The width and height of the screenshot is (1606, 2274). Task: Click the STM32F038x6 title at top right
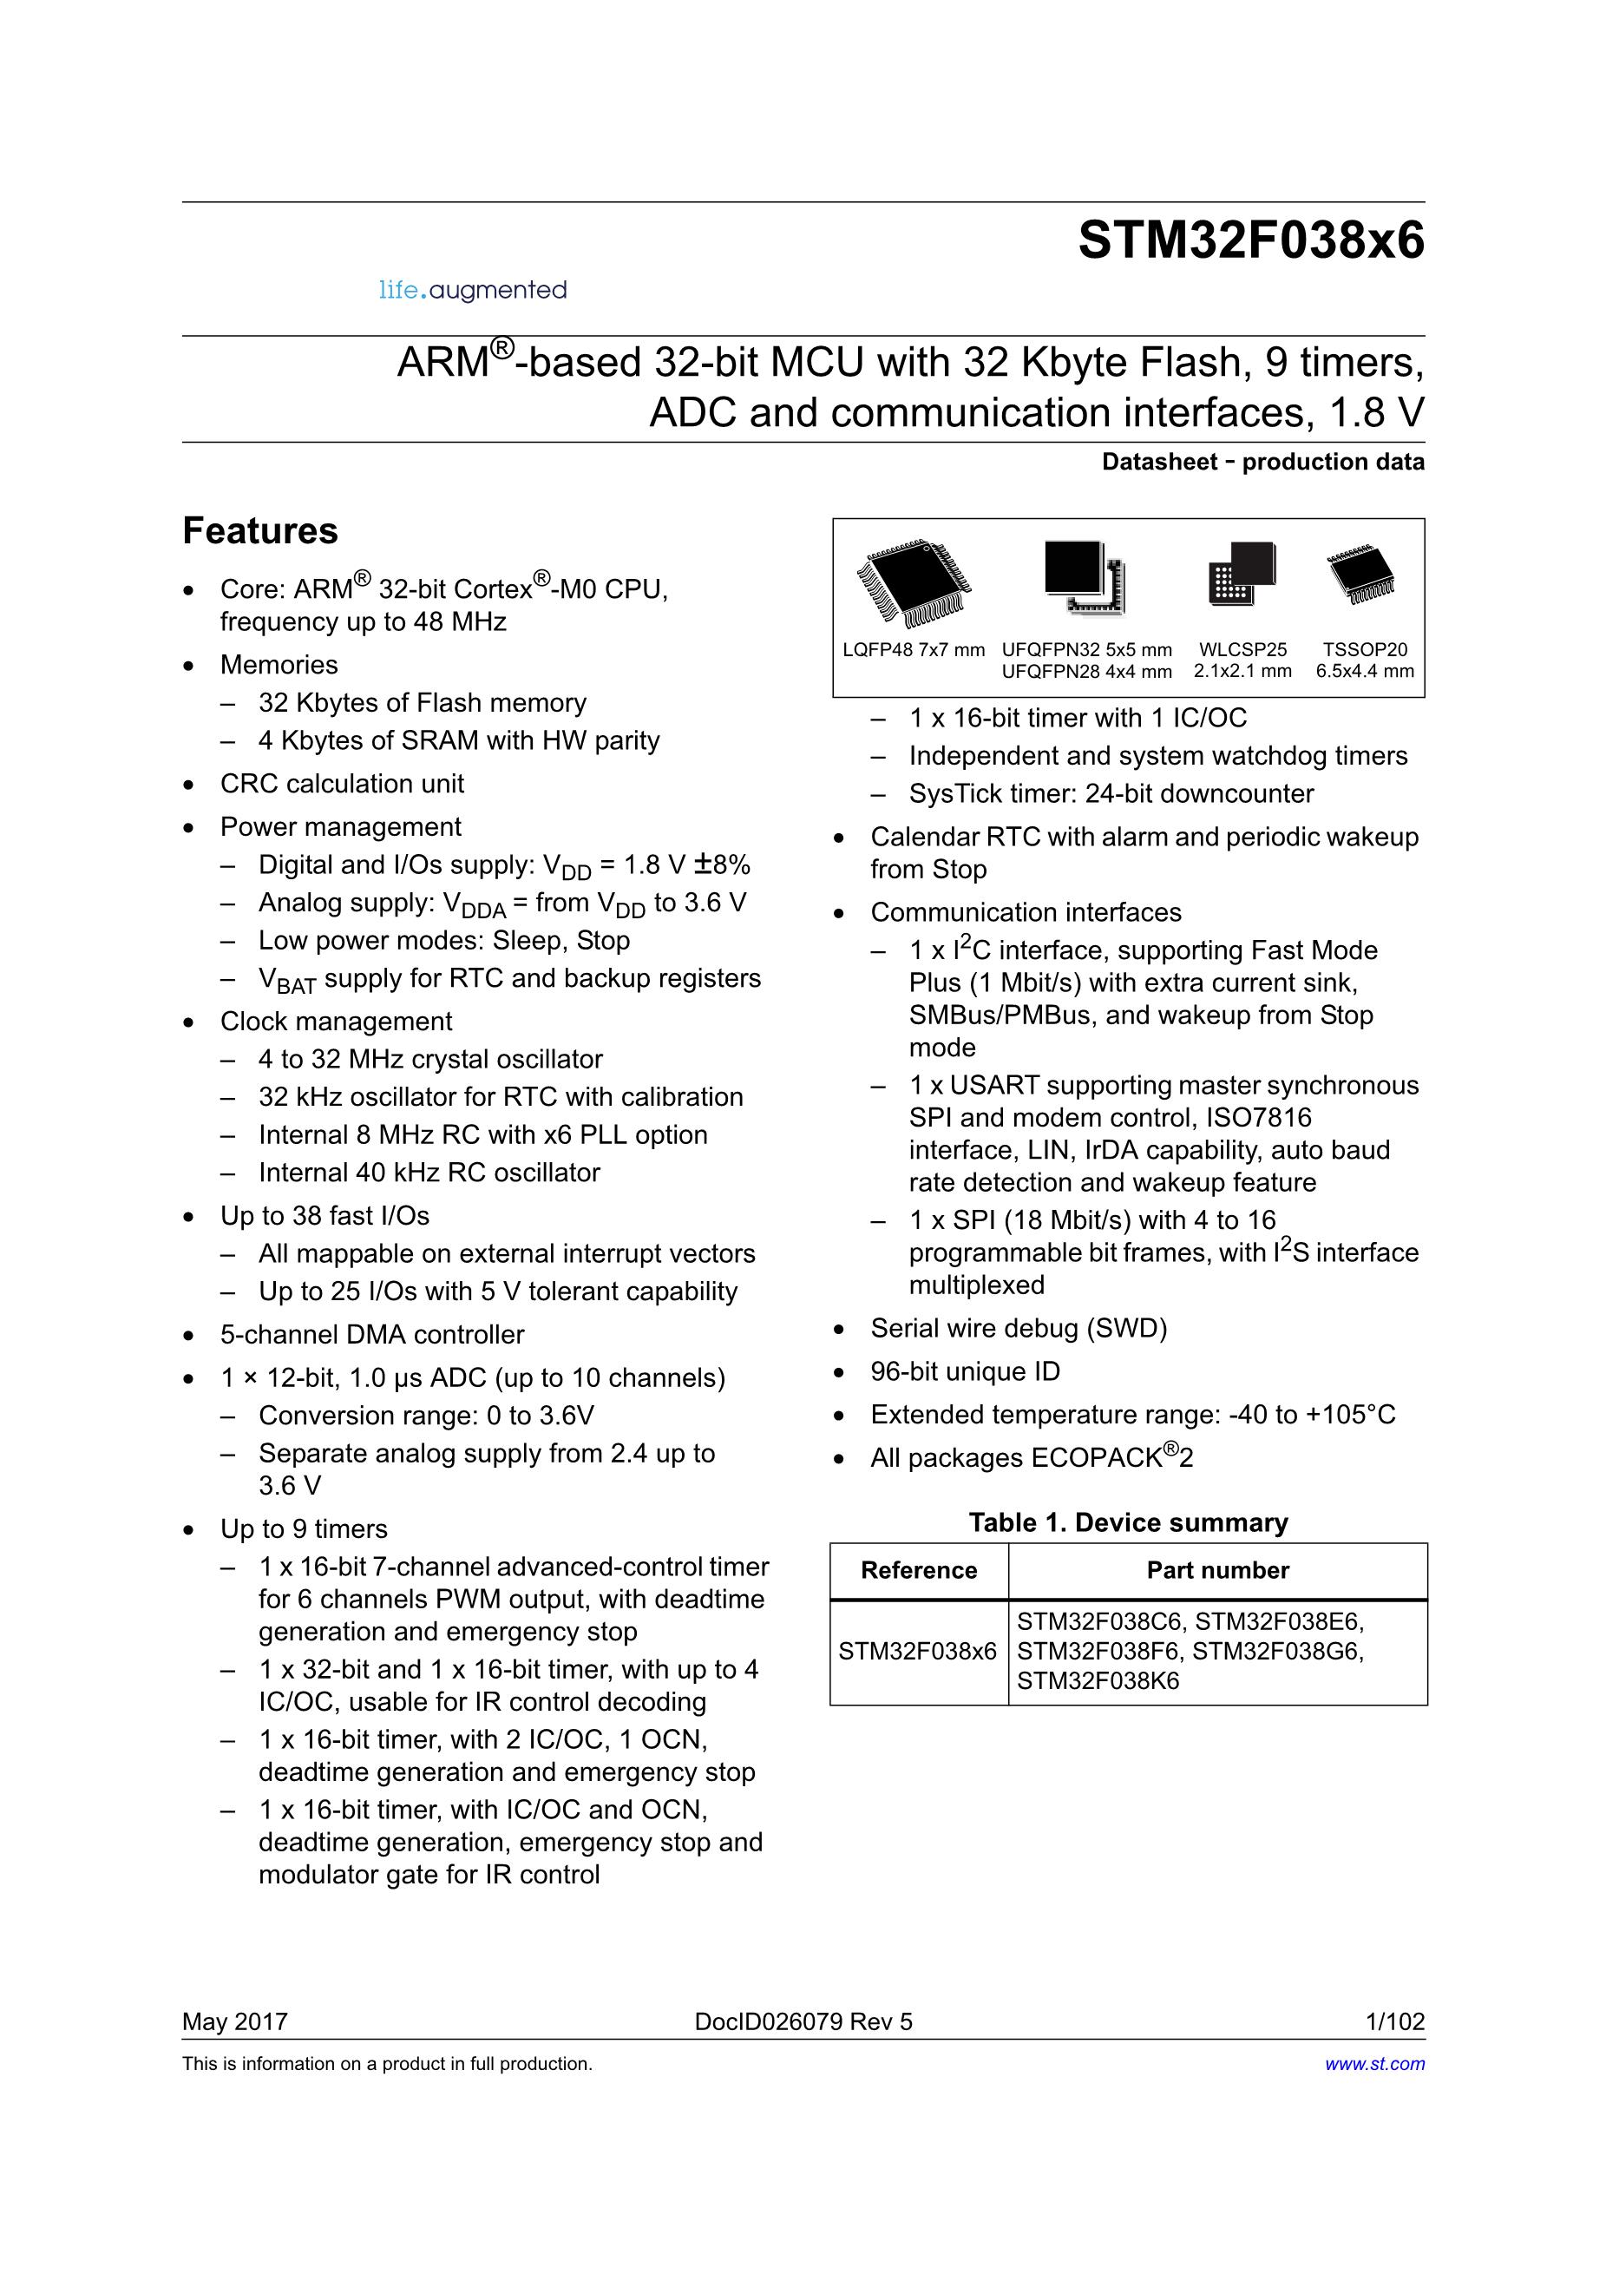tap(1250, 240)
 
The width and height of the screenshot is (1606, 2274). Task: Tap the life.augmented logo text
tap(472, 290)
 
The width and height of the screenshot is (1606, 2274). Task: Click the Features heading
tap(260, 531)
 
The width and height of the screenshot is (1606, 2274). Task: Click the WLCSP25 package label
tap(1242, 650)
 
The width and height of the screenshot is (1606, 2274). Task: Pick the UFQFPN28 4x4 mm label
tap(1086, 672)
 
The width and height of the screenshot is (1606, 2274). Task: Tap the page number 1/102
tap(1395, 2021)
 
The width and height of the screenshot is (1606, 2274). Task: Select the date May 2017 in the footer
tap(234, 2021)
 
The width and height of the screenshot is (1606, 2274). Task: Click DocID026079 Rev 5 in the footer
tap(803, 2021)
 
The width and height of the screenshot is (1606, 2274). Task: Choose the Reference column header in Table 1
tap(919, 1571)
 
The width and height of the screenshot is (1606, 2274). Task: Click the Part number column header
tap(1217, 1571)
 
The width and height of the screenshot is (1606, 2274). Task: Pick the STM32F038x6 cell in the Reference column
tap(918, 1651)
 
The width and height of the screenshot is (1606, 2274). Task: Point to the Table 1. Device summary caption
tap(1128, 1522)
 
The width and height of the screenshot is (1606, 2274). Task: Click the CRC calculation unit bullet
tap(342, 784)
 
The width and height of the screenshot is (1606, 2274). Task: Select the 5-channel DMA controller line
tap(372, 1334)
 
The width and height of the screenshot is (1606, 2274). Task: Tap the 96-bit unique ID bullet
tap(965, 1370)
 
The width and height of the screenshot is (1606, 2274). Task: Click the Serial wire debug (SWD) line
tap(1018, 1328)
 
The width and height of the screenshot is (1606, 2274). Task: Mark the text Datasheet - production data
tap(1262, 462)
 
